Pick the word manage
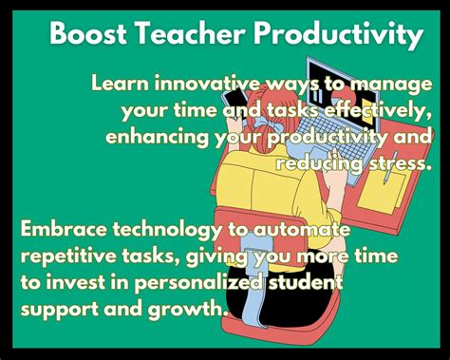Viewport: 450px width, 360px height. click(393, 84)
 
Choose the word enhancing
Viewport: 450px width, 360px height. click(158, 139)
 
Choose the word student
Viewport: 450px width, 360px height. click(309, 282)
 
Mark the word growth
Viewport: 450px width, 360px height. click(191, 310)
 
